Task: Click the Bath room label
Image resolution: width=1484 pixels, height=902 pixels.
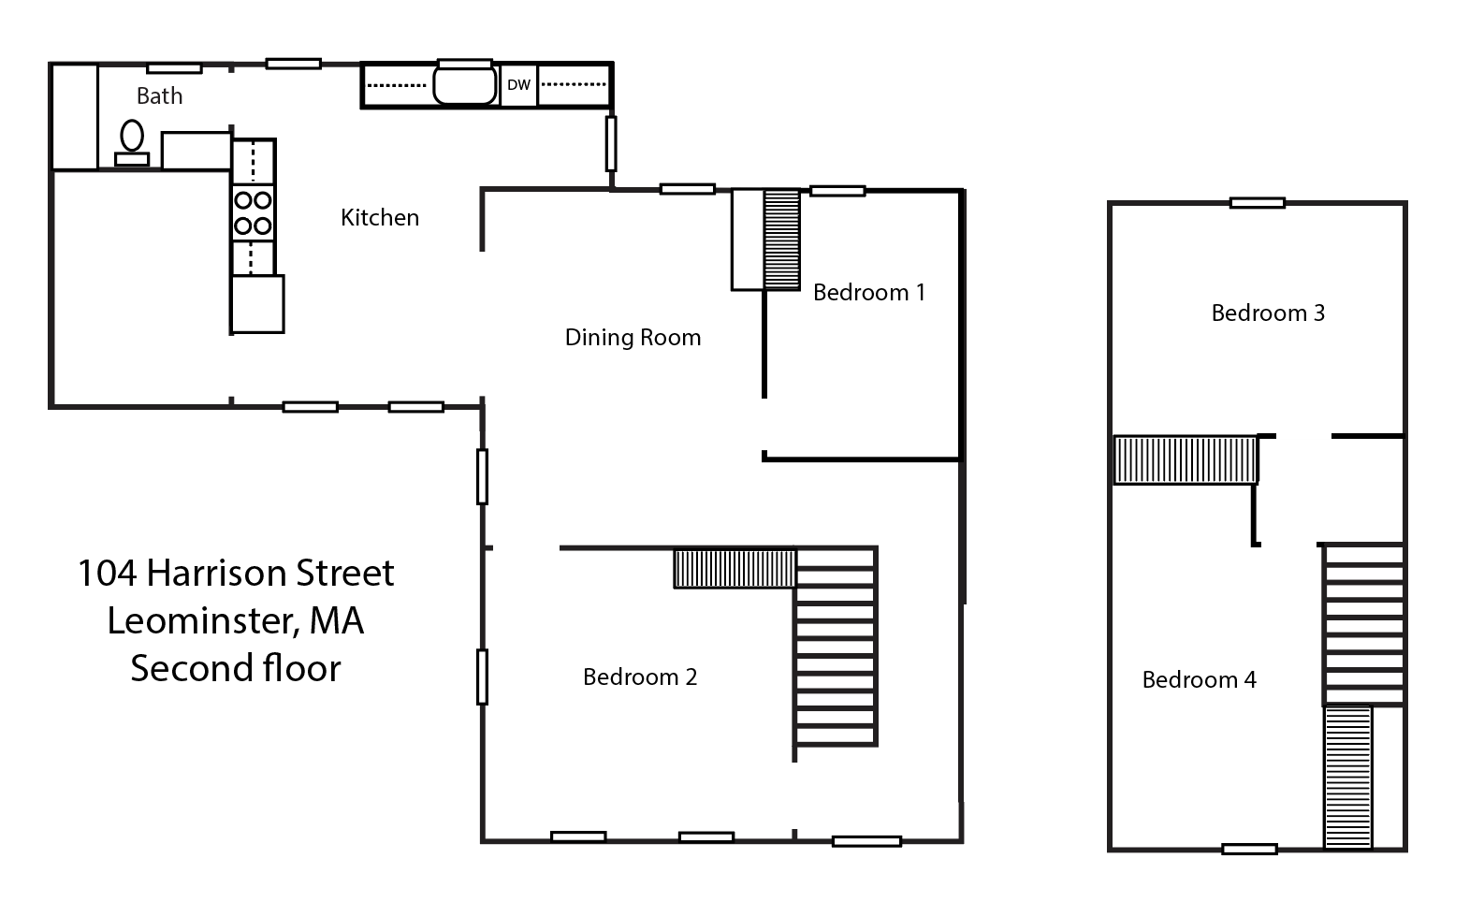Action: [159, 95]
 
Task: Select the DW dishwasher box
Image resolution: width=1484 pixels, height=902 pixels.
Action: [518, 85]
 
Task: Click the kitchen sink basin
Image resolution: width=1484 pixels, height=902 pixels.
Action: [464, 85]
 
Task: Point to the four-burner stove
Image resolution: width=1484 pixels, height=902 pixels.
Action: [253, 212]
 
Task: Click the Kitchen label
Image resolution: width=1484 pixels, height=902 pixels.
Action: [380, 218]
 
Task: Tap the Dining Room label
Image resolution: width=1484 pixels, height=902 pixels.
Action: [633, 338]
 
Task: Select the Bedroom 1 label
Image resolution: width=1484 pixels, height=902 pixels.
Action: [868, 293]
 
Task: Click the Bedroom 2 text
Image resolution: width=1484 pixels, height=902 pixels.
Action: [640, 676]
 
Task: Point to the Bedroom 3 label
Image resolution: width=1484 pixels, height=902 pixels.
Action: [1268, 313]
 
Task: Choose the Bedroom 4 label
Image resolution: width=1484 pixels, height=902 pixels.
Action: [1199, 680]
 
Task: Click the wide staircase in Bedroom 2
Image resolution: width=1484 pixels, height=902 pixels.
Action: [836, 646]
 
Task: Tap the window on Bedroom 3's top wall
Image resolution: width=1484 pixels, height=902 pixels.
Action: [1257, 202]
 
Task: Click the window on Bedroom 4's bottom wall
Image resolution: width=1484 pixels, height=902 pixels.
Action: [1249, 850]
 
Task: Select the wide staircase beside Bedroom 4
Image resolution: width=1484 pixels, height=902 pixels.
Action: [1363, 623]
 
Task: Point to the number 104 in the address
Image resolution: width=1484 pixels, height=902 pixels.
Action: [107, 574]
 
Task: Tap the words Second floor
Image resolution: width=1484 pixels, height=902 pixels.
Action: [235, 669]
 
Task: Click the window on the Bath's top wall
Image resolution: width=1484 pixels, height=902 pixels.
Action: [175, 67]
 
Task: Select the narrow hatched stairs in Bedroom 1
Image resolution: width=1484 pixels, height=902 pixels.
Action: [782, 240]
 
